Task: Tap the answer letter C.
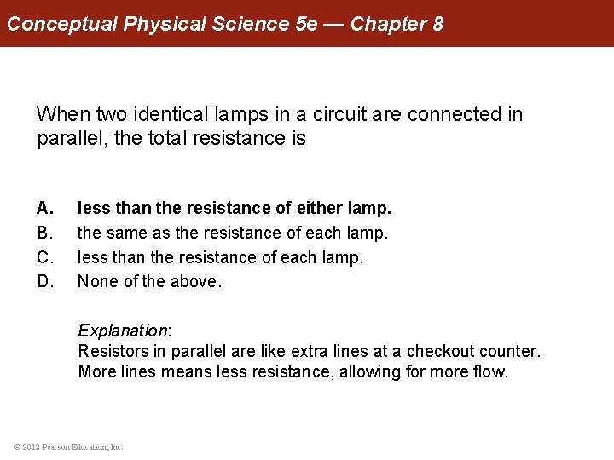[x=45, y=257]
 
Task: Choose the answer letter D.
[x=45, y=281]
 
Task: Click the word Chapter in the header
[x=388, y=24]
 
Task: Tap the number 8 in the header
[x=438, y=24]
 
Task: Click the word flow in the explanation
[x=489, y=371]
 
